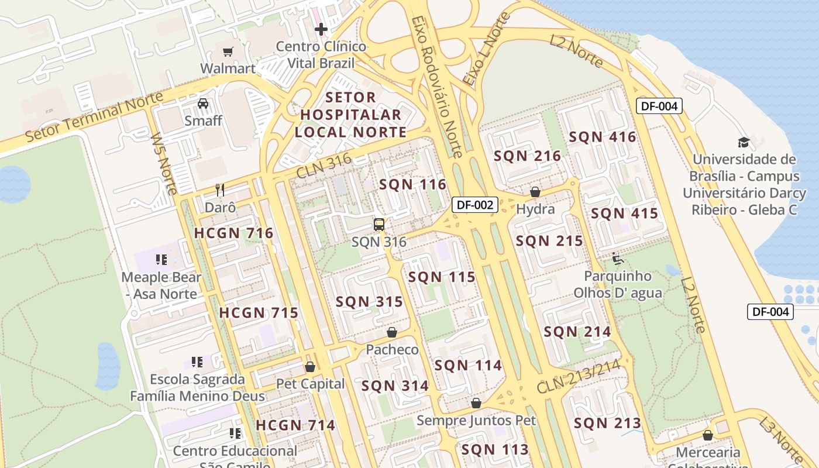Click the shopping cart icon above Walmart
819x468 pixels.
click(x=228, y=51)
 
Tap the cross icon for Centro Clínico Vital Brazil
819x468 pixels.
click(x=321, y=29)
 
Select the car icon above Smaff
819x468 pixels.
click(x=203, y=104)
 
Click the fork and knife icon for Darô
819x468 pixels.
click(x=220, y=190)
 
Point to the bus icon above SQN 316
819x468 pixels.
click(x=379, y=224)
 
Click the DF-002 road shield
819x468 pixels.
click(x=474, y=205)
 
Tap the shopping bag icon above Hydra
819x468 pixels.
click(x=535, y=192)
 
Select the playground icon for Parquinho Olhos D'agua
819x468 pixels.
click(x=617, y=259)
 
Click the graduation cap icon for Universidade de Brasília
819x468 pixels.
click(x=744, y=142)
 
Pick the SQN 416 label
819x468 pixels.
click(x=602, y=137)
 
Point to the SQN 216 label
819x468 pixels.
click(x=527, y=156)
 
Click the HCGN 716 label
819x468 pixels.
click(x=233, y=233)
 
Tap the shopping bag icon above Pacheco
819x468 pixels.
click(x=392, y=332)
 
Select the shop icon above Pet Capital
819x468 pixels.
click(x=310, y=367)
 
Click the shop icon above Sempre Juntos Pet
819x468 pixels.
click(x=476, y=403)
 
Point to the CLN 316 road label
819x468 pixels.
click(x=324, y=166)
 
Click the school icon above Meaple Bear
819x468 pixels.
click(x=161, y=260)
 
